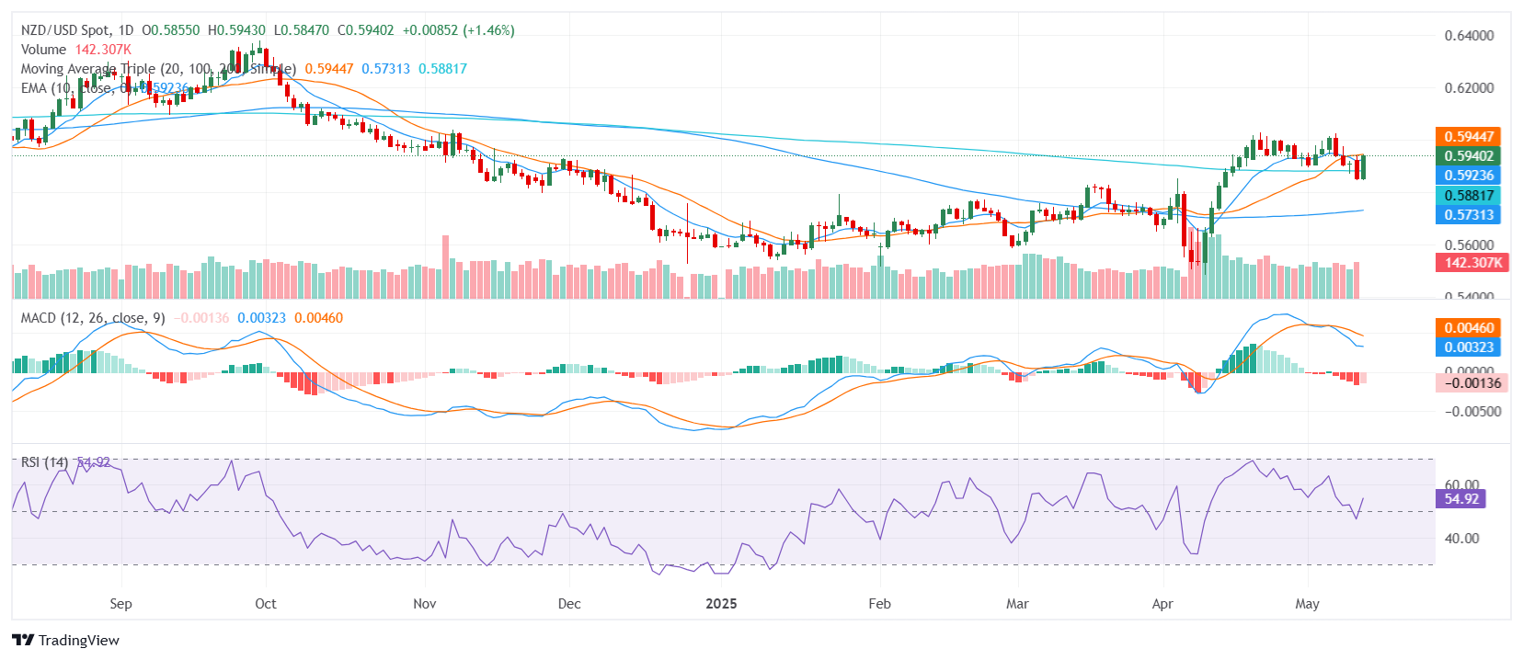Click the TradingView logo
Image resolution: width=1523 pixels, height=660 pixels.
pos(65,640)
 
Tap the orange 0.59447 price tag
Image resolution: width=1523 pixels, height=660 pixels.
pos(1468,137)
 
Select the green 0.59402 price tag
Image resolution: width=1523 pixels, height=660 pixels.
pos(1468,156)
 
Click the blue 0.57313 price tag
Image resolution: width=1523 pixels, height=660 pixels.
pos(1468,214)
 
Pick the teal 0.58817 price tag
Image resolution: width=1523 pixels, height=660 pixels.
pos(1468,195)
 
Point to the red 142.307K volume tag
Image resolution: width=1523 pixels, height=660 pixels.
pos(1471,262)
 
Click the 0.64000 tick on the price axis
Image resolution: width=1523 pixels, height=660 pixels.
pos(1469,36)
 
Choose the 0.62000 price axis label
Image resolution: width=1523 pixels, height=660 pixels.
pos(1469,88)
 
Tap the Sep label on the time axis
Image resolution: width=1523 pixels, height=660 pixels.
pos(120,604)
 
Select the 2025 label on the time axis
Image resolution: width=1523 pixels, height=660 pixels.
pos(721,604)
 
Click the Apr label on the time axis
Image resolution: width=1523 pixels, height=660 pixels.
pos(1162,604)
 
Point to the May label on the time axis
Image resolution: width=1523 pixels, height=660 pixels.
pos(1307,604)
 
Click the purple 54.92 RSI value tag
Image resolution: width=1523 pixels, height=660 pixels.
pos(1460,499)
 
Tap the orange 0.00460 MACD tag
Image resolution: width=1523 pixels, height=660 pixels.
pos(1468,328)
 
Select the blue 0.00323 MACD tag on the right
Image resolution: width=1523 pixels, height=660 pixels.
pos(1468,347)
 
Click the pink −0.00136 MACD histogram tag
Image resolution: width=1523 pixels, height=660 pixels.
pos(1471,383)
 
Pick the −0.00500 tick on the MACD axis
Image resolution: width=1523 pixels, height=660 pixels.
pos(1472,412)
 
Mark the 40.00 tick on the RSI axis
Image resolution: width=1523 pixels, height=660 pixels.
pos(1461,539)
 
